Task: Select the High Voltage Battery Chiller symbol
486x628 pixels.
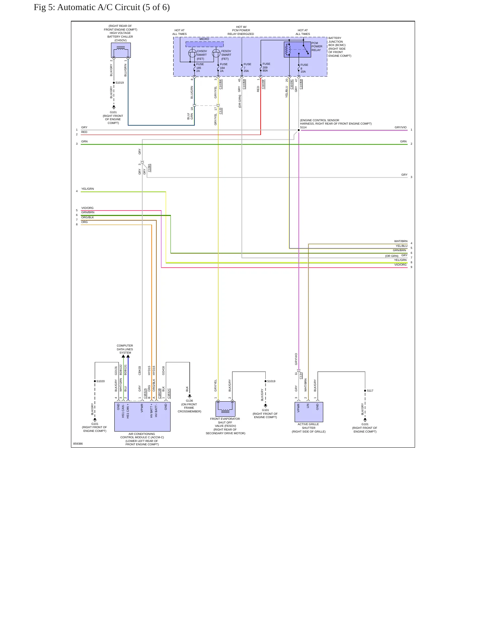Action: [x=121, y=50]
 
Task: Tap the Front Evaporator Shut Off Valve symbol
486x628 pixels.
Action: [x=225, y=409]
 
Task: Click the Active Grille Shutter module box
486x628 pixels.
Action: [x=309, y=412]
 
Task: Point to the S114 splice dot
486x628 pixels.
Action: [x=299, y=130]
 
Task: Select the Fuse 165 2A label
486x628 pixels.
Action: [x=200, y=68]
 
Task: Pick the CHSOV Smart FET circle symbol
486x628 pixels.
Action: [x=192, y=53]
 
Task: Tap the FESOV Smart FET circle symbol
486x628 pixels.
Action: [x=216, y=53]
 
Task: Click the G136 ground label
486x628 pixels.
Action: [x=189, y=401]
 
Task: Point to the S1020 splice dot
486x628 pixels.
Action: [x=95, y=381]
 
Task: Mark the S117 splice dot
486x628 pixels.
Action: [x=365, y=391]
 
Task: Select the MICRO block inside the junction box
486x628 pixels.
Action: [x=204, y=44]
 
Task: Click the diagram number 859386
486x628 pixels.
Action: [x=78, y=444]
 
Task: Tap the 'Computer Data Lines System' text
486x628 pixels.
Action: [x=125, y=349]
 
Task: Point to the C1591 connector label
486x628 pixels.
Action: [x=149, y=168]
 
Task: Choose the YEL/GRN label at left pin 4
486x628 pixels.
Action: [x=87, y=189]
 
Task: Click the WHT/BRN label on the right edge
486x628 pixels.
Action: [x=401, y=241]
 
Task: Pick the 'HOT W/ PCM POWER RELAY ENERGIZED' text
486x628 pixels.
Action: [x=241, y=31]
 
